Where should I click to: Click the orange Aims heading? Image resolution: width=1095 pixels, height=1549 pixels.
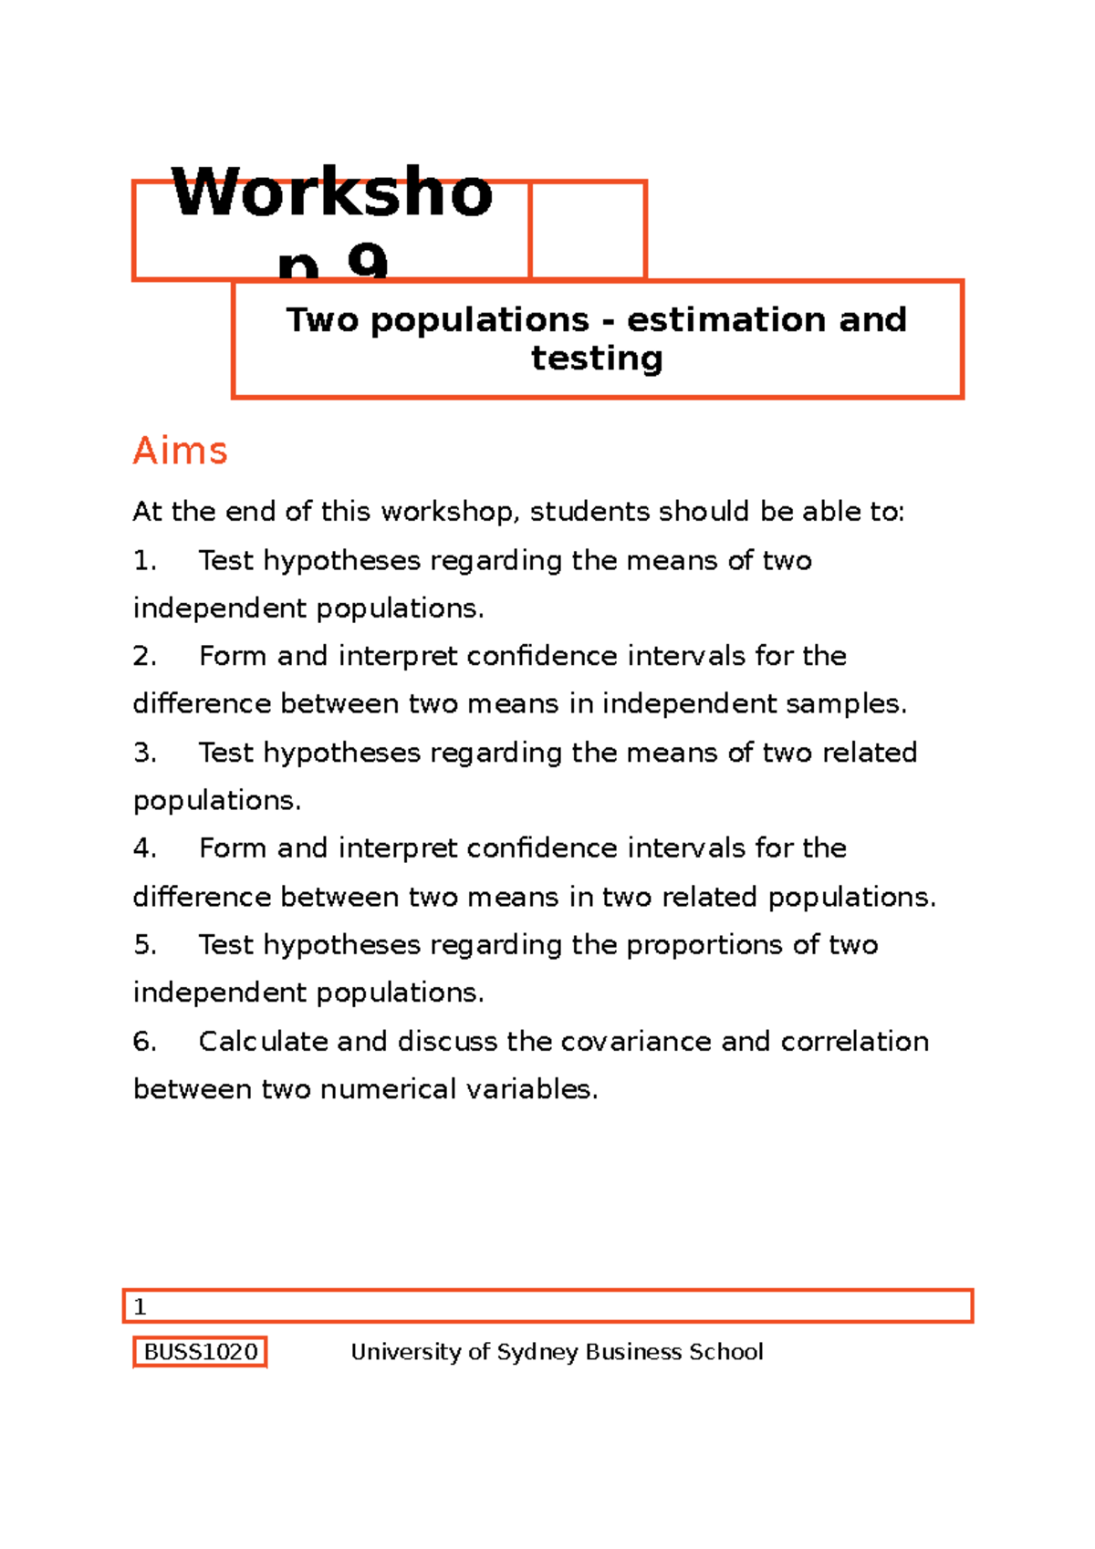(180, 451)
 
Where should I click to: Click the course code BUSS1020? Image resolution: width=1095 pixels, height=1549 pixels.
(201, 1351)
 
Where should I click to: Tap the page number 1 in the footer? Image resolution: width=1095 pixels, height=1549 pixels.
(140, 1306)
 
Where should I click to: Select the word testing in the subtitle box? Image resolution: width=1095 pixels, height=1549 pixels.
(597, 358)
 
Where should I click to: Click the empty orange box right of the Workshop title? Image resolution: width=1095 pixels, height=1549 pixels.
(589, 230)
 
